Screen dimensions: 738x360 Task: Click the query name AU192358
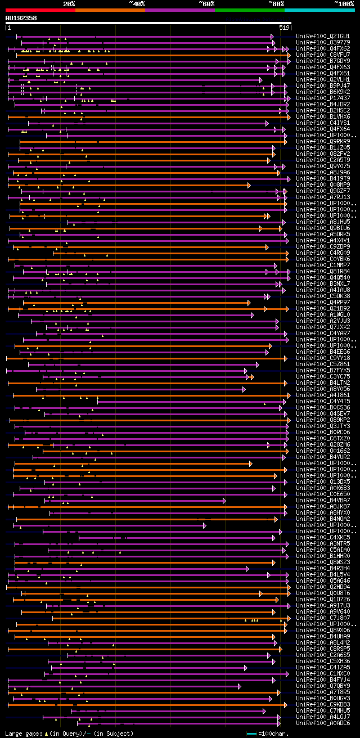pos(21,18)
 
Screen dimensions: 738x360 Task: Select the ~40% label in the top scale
pos(137,3)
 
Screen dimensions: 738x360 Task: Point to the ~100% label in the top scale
pos(344,3)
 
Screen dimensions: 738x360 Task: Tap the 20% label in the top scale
pos(69,3)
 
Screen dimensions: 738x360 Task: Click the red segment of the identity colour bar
pos(40,10)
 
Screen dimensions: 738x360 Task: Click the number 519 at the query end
pos(284,27)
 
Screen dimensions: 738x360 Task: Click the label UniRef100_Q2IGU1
pos(323,36)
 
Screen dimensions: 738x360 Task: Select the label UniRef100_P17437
pos(323,98)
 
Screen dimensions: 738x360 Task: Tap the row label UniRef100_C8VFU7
pos(323,55)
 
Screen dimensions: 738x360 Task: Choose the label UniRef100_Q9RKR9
pos(323,141)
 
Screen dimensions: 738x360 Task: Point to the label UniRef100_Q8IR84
pos(323,271)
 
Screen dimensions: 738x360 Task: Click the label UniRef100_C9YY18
pos(323,358)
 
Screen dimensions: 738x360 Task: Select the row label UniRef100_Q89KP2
pos(323,420)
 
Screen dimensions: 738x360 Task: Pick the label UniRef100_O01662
pos(323,451)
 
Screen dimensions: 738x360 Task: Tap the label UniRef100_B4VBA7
pos(323,500)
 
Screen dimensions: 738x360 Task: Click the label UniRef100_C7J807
pos(323,618)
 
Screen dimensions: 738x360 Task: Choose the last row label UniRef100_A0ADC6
pos(323,723)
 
